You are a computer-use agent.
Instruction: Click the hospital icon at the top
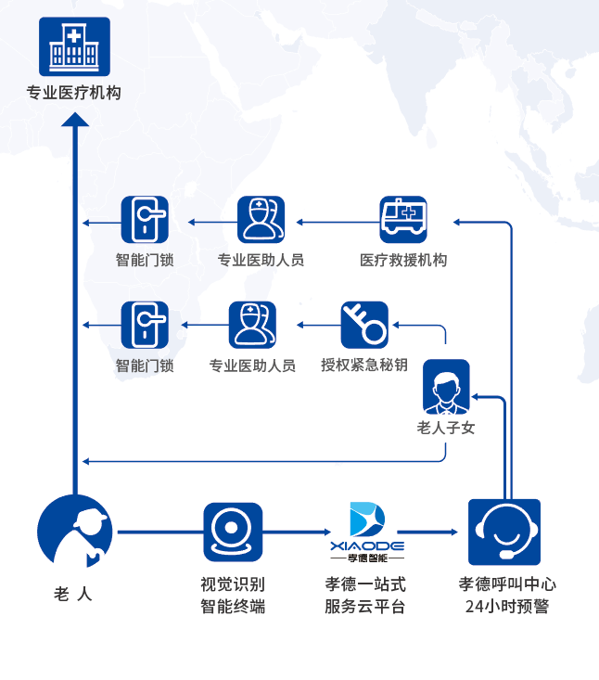[74, 46]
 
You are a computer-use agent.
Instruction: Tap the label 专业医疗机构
[74, 93]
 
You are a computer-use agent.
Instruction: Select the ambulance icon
[403, 220]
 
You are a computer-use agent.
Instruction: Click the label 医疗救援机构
[403, 260]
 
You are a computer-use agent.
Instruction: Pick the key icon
[363, 325]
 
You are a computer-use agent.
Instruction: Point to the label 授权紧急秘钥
[363, 365]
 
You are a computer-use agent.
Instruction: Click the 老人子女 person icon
[446, 385]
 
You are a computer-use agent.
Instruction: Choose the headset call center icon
[504, 532]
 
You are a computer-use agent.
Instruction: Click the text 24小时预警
[507, 607]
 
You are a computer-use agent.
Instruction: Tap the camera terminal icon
[233, 532]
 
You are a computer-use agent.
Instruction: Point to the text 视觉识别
[233, 584]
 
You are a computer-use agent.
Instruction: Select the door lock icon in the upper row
[146, 220]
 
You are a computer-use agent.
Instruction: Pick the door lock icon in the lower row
[146, 325]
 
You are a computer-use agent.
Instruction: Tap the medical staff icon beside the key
[252, 325]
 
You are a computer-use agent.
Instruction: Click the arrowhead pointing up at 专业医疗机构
[75, 120]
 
